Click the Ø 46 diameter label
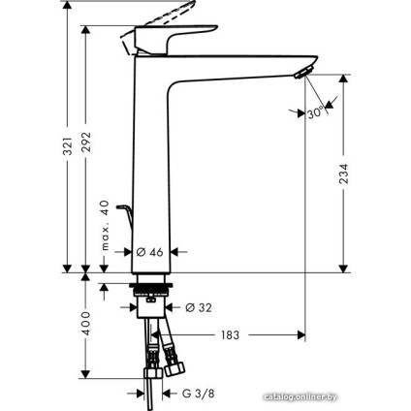tap(148, 251)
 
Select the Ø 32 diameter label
tap(199, 307)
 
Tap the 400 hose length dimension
tap(84, 324)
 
